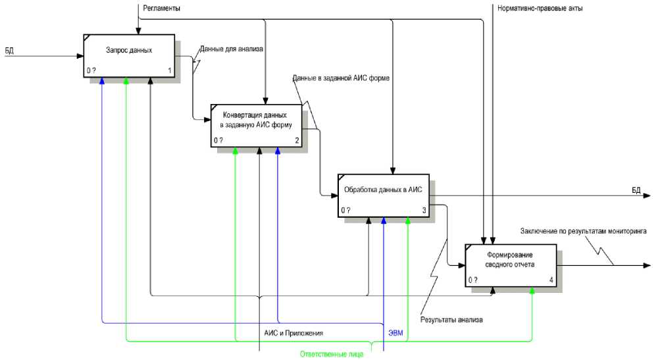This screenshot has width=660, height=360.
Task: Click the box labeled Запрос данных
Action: pos(129,55)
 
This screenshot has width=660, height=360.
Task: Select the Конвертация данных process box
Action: pos(256,124)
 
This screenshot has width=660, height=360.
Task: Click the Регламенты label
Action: pos(161,8)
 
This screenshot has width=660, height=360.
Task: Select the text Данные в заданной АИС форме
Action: pos(342,78)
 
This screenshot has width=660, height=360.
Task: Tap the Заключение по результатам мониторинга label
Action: pos(583,231)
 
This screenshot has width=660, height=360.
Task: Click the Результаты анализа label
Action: pos(452,320)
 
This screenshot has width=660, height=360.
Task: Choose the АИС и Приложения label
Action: pos(293,333)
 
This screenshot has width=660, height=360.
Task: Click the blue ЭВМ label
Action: pos(395,333)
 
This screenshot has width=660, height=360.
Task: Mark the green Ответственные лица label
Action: pos(331,355)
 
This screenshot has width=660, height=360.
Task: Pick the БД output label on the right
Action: pos(636,190)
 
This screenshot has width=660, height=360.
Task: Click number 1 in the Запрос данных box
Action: pos(170,70)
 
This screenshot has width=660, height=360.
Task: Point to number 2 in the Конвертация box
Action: pos(297,140)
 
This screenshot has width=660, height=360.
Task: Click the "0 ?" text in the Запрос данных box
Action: pos(91,70)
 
